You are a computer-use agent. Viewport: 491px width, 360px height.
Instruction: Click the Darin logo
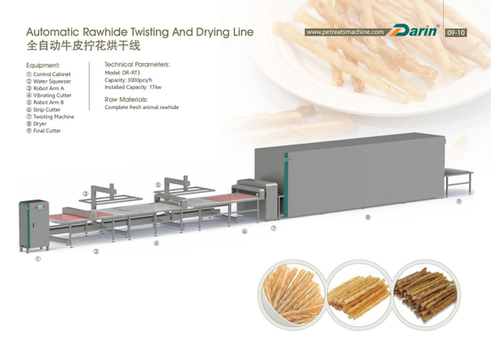413,31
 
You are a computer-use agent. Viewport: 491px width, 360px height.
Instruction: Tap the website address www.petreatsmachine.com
345,32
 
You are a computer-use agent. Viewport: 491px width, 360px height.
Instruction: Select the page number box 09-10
456,33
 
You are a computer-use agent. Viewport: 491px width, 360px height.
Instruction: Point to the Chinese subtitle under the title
84,46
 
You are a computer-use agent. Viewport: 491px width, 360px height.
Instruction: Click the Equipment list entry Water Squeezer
48,81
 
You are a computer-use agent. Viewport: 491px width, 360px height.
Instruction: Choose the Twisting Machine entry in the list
51,117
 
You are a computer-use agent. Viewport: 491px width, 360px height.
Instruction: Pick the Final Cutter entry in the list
44,131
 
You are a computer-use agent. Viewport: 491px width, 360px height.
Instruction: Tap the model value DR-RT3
131,73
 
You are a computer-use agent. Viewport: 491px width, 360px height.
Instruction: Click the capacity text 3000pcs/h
139,80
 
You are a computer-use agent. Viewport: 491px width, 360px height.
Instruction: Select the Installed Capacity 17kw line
133,87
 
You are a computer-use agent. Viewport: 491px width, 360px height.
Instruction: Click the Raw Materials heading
126,100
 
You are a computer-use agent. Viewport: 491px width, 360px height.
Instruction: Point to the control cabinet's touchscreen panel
41,207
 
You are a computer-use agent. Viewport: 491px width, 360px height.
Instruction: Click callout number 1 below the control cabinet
37,259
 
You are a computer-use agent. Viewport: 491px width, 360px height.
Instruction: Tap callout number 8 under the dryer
368,217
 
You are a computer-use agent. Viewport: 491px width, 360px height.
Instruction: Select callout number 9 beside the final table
459,201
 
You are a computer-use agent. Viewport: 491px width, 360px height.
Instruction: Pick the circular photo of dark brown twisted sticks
426,295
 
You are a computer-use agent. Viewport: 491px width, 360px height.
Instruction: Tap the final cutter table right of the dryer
458,181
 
